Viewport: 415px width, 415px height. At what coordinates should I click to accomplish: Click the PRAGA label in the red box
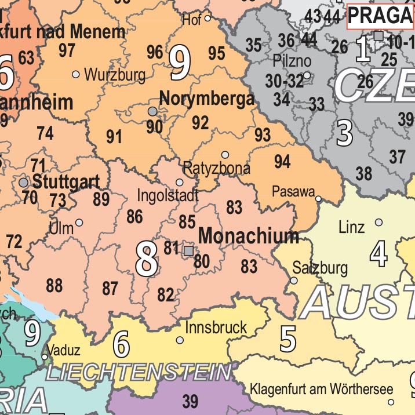pyautogui.click(x=380, y=16)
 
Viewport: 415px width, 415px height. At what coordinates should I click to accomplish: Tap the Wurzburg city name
pyautogui.click(x=115, y=75)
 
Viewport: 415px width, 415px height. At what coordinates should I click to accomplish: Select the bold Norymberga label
pyautogui.click(x=206, y=99)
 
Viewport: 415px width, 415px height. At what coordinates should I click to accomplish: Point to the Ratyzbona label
pyautogui.click(x=217, y=169)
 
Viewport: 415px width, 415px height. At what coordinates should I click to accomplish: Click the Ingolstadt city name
pyautogui.click(x=168, y=195)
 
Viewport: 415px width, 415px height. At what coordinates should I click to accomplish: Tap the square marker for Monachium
pyautogui.click(x=188, y=250)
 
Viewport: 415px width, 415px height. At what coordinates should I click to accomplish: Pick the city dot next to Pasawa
pyautogui.click(x=318, y=199)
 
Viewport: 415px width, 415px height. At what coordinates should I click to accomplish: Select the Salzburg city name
pyautogui.click(x=320, y=268)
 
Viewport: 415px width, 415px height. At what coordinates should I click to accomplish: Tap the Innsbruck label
pyautogui.click(x=216, y=327)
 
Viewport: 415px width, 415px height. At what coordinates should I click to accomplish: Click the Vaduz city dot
pyautogui.click(x=45, y=356)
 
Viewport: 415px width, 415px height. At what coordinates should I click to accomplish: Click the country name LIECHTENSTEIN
pyautogui.click(x=138, y=372)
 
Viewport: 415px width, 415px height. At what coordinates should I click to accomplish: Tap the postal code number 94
pyautogui.click(x=282, y=162)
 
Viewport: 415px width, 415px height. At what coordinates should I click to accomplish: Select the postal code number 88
pyautogui.click(x=54, y=286)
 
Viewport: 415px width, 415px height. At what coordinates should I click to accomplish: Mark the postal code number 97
pyautogui.click(x=67, y=50)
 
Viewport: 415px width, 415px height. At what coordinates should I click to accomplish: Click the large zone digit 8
pyautogui.click(x=146, y=259)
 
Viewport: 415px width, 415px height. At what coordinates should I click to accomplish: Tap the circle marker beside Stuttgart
pyautogui.click(x=23, y=182)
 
